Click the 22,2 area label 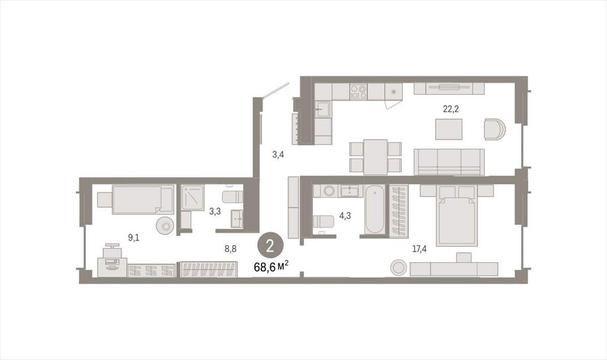pos(451,109)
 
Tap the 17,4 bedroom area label pos(419,249)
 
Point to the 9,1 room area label pos(133,238)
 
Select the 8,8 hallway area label pos(231,249)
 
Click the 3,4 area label pos(278,155)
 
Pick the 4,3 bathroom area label pos(345,216)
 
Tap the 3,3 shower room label pos(215,212)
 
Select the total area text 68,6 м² pos(271,267)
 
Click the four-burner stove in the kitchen pos(358,92)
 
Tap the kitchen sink pos(323,109)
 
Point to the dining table pos(375,157)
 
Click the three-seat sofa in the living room pos(449,162)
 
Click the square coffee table pos(449,129)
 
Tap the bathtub pos(375,209)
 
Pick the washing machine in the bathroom pos(329,191)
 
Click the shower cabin pos(193,197)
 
